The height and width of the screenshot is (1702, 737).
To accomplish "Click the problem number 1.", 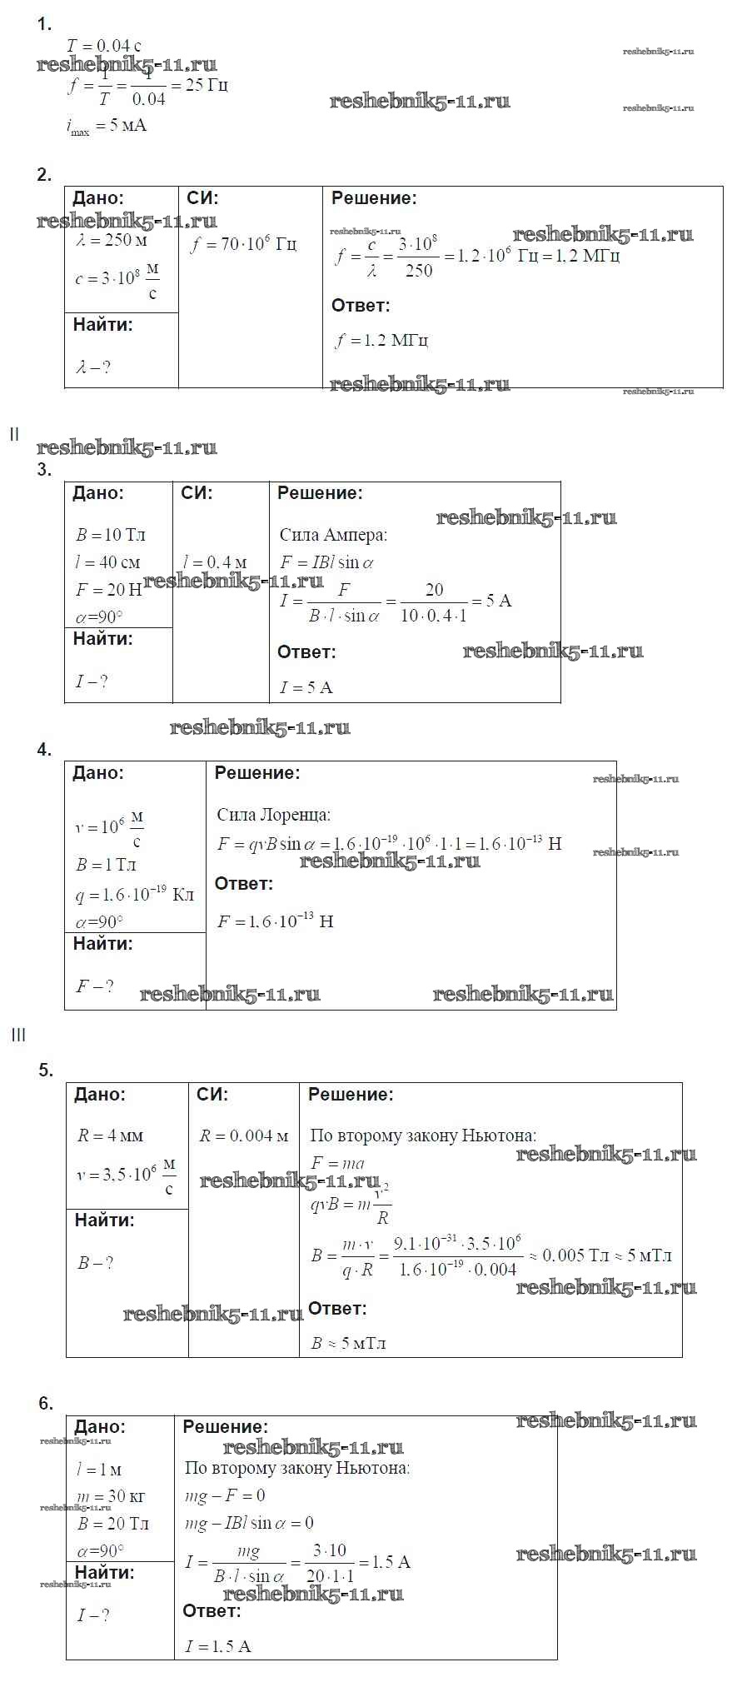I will click(x=44, y=25).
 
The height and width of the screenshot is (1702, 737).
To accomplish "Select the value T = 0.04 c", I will click(x=103, y=46).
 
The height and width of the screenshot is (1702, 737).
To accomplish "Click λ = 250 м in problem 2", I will click(x=112, y=241).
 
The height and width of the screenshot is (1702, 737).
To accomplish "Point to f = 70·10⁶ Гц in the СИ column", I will click(x=243, y=245).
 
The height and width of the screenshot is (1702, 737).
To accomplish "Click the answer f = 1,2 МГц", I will click(x=381, y=341).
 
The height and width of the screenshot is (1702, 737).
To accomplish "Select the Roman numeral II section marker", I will click(x=14, y=434).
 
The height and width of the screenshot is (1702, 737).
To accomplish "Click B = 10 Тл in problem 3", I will click(x=111, y=535).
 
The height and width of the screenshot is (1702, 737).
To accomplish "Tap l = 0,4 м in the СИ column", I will click(x=215, y=563).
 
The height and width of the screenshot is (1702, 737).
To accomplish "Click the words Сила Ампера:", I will click(x=333, y=536).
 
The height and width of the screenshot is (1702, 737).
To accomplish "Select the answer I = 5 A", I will click(x=306, y=688).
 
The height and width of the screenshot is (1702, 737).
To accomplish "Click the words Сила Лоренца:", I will click(x=273, y=815).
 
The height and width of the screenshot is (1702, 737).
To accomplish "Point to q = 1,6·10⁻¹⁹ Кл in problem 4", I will click(x=134, y=895).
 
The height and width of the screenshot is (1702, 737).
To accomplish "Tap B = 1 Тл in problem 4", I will click(x=106, y=866).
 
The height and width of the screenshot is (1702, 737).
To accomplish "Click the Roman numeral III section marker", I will click(x=18, y=1035).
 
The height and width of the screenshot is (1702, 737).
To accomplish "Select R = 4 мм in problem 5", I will click(x=110, y=1136).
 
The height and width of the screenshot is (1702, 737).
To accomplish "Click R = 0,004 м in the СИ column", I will click(x=243, y=1136).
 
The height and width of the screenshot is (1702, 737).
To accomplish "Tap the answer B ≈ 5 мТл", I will click(x=348, y=1343).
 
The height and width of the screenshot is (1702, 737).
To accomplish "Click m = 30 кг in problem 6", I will click(x=110, y=1497).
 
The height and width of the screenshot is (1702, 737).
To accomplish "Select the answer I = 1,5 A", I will click(x=217, y=1646).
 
